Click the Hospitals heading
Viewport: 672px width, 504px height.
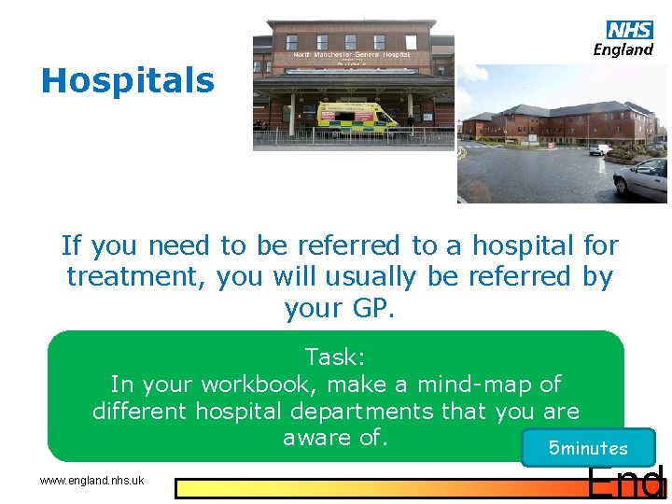pos(127,81)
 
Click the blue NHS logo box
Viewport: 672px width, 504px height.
pos(630,31)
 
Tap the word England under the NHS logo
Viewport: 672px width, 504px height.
pos(623,50)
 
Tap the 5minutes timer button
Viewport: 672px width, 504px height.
pos(588,448)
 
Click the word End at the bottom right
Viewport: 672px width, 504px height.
pos(625,483)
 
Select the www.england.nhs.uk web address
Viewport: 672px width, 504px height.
pos(91,481)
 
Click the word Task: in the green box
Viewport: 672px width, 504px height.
pos(335,357)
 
